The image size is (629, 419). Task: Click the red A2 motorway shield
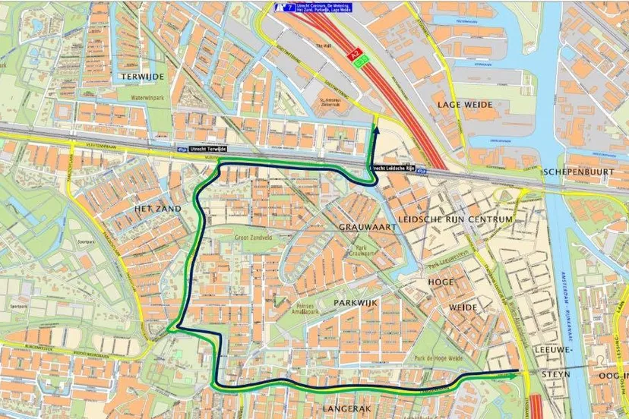(354, 55)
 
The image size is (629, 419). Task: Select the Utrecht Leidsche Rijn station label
(392, 168)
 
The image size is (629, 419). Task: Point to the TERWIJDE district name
(142, 77)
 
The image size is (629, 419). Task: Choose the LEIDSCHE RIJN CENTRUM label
(465, 219)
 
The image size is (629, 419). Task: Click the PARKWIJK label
(356, 302)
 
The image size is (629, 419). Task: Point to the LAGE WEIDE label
(464, 104)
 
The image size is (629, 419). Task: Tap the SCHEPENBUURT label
(578, 172)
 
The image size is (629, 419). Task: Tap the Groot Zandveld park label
(254, 237)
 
